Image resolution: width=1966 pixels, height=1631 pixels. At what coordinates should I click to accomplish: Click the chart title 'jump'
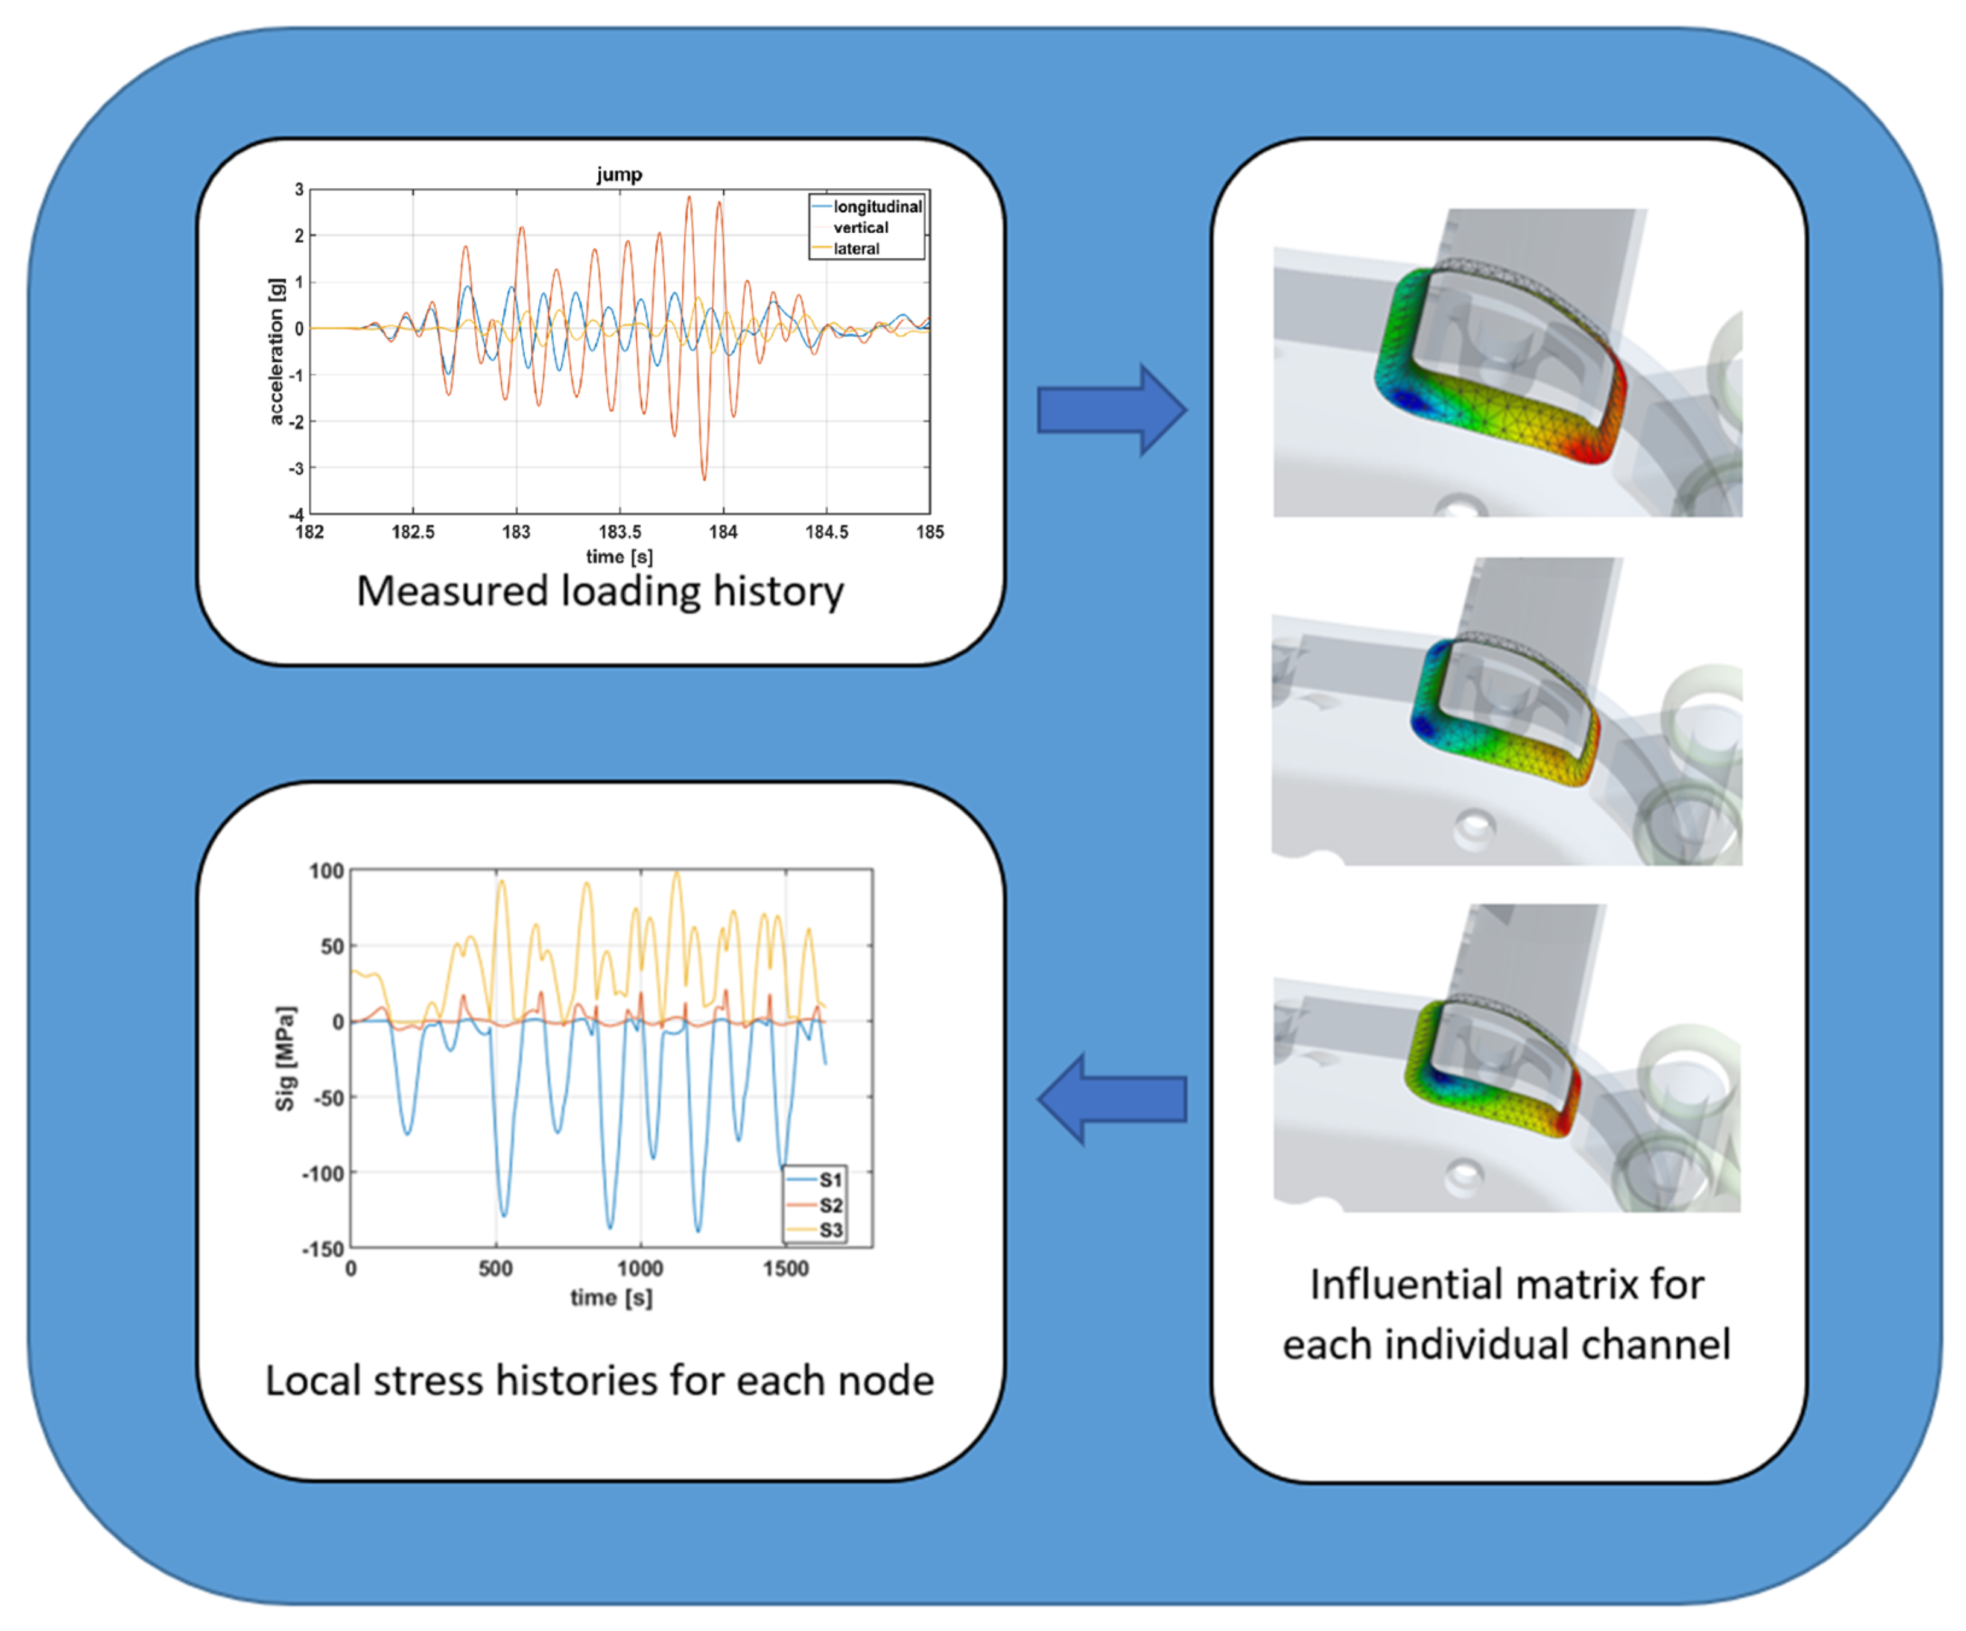[x=619, y=174]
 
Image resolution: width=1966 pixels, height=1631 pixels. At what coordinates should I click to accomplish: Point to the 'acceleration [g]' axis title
[x=276, y=351]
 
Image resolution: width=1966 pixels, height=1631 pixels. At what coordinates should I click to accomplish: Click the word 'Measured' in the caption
[x=452, y=592]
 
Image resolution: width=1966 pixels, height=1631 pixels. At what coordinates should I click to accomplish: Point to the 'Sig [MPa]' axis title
[x=285, y=1058]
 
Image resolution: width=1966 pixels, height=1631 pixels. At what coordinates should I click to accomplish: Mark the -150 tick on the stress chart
[x=323, y=1249]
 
